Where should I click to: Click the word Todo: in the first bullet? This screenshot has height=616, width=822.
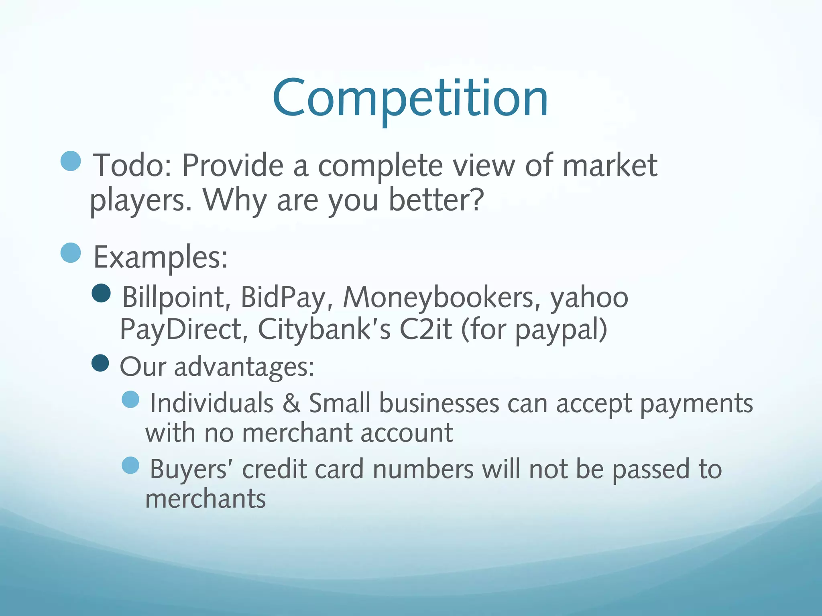(x=132, y=165)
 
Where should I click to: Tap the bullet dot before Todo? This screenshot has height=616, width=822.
(x=71, y=161)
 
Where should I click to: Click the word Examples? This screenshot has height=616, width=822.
(x=161, y=257)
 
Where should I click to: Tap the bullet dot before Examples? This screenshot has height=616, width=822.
(x=71, y=253)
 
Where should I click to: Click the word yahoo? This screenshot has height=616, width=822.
(x=589, y=298)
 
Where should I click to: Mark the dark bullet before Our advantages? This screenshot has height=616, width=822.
(x=100, y=363)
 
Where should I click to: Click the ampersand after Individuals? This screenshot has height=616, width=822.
(x=291, y=403)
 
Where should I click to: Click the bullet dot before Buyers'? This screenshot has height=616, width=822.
(x=130, y=466)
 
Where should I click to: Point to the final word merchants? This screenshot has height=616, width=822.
(x=205, y=499)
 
